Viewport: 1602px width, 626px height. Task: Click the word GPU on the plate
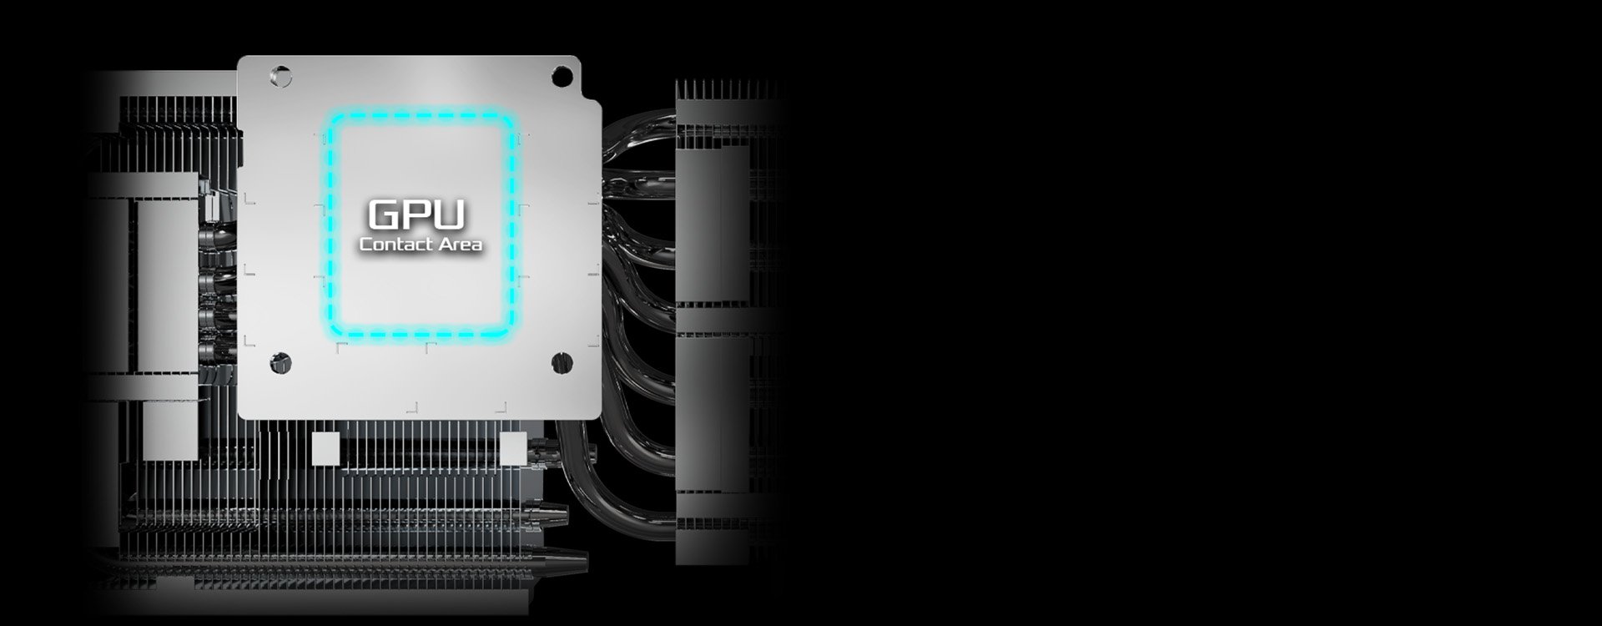point(416,215)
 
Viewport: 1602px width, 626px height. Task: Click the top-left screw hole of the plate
point(281,77)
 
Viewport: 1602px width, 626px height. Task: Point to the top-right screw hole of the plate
point(562,76)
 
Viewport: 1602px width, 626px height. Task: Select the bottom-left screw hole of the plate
point(280,362)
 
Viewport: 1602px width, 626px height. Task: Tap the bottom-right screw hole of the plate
point(562,361)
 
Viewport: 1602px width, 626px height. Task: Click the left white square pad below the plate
point(325,448)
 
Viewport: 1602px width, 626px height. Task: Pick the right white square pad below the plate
point(512,448)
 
